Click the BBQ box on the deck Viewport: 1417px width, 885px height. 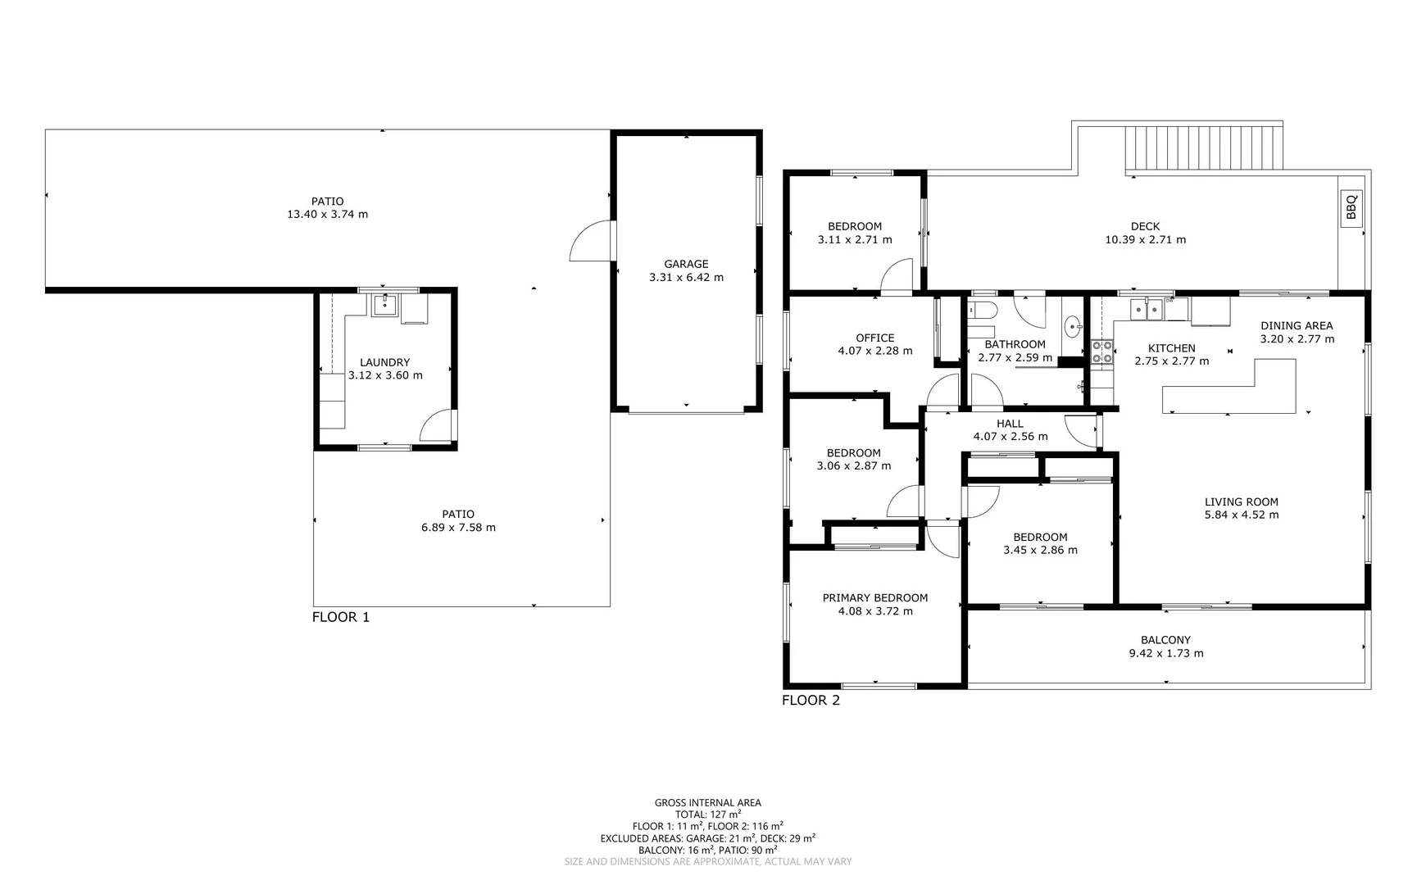(x=1351, y=206)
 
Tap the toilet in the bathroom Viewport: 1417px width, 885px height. (x=981, y=311)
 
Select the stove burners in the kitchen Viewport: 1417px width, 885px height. (x=1102, y=352)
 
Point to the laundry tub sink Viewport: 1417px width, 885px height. (x=384, y=306)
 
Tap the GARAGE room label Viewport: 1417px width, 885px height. (x=686, y=264)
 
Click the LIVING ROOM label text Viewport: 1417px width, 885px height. (x=1241, y=501)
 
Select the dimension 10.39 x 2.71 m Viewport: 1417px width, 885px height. (x=1145, y=240)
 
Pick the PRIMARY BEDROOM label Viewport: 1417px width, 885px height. (x=874, y=598)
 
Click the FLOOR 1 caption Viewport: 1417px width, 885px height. (x=340, y=617)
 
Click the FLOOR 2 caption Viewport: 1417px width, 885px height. (x=810, y=701)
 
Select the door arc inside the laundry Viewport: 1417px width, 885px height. (x=436, y=424)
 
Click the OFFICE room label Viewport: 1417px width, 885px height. (x=874, y=338)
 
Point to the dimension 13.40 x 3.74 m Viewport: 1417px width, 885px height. (x=327, y=215)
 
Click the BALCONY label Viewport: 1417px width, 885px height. (x=1165, y=640)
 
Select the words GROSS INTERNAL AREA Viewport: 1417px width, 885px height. (x=707, y=803)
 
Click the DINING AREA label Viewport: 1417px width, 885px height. (x=1296, y=325)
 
